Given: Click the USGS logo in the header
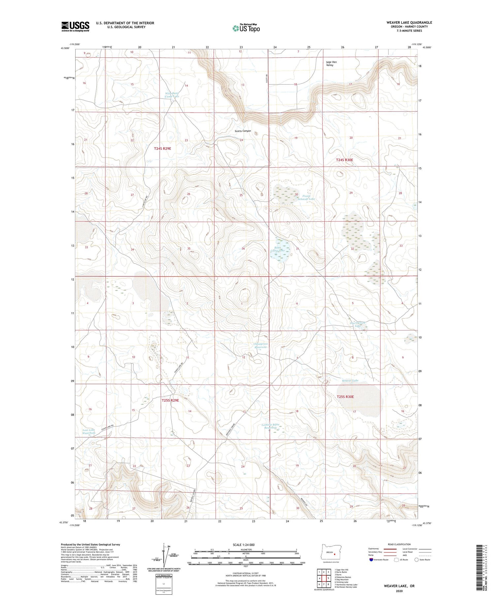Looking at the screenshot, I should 75,26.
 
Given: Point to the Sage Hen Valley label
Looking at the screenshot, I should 331,64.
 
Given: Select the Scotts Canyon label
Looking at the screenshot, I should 243,131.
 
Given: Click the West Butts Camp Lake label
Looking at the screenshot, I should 172,95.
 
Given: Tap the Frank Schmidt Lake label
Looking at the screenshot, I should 307,198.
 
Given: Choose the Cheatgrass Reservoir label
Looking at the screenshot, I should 261,345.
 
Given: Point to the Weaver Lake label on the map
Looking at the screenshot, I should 350,381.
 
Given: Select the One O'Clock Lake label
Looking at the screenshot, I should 357,325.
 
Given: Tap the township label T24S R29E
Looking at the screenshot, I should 162,149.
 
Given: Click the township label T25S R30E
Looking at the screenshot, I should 345,397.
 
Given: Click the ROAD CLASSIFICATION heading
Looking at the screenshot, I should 399,544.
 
